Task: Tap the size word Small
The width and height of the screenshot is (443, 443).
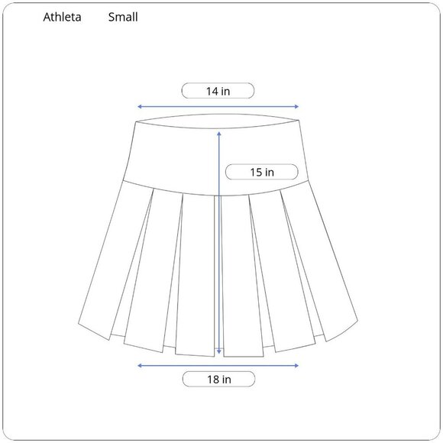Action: coord(122,17)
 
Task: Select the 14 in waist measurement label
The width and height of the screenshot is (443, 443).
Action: coord(218,91)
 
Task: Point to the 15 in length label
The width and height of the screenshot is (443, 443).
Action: coord(262,173)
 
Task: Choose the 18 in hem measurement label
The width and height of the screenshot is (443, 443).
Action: coord(218,379)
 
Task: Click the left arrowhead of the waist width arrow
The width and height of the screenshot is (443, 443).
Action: coord(139,107)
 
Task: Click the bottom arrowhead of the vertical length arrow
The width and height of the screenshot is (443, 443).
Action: coord(220,352)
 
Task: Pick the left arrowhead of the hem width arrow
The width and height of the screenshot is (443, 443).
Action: coord(139,366)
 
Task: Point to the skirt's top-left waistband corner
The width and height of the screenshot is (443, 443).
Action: coord(135,121)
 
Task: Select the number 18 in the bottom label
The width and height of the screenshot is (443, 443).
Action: coord(213,379)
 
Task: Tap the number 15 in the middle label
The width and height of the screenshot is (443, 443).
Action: coord(257,173)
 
